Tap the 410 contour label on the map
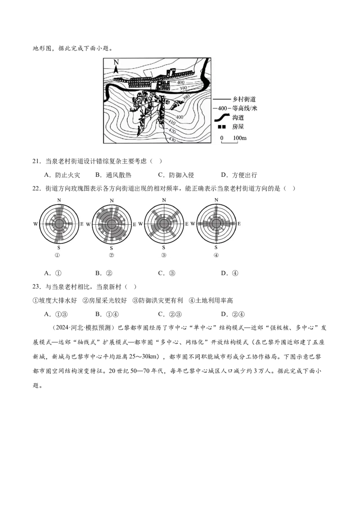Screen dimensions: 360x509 [171, 123]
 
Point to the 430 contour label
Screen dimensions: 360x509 [171, 139]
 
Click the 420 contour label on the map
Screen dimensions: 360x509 [172, 131]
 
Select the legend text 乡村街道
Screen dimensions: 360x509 [244, 99]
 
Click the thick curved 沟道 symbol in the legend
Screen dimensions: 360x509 [223, 117]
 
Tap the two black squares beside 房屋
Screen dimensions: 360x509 [221, 127]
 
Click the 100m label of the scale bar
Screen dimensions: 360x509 [240, 138]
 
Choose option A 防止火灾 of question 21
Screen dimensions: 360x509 [62, 175]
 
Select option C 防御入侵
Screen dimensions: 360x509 [176, 175]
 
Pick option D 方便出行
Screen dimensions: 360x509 [239, 175]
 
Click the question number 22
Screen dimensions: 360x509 [37, 188]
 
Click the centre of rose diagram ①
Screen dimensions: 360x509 [59, 223]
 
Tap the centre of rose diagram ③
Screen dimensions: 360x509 [164, 223]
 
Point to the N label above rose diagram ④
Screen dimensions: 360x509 [216, 200]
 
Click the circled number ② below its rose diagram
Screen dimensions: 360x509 [112, 255]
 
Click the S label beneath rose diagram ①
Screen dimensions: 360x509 [58, 248]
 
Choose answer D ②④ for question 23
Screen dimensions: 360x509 [233, 314]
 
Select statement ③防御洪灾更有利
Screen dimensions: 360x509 [157, 300]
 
